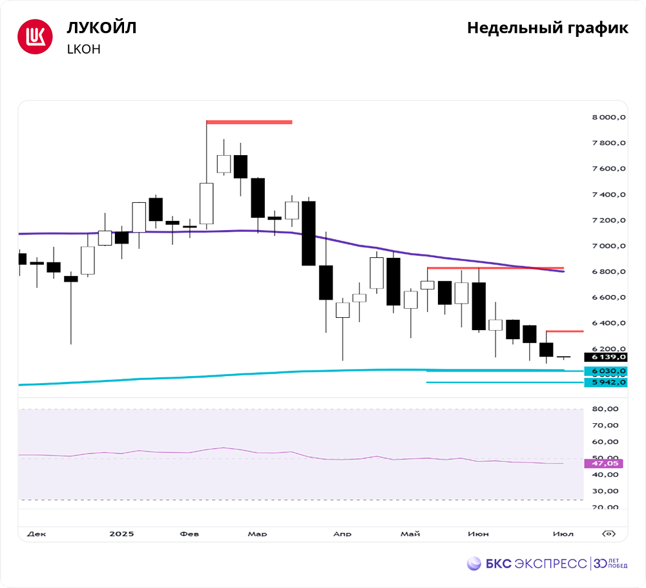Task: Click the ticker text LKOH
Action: click(84, 49)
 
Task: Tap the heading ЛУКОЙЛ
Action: click(102, 28)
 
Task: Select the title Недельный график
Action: click(547, 28)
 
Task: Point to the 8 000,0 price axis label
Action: click(609, 118)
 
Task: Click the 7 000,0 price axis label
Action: click(609, 246)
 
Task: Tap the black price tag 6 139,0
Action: click(605, 357)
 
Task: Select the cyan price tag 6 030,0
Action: click(605, 372)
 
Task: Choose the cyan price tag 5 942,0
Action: click(605, 383)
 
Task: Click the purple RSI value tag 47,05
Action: click(605, 463)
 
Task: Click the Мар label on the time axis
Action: click(257, 534)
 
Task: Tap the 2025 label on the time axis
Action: click(121, 534)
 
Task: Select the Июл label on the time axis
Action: click(563, 534)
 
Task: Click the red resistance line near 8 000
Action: click(249, 121)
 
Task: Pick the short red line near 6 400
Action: click(565, 331)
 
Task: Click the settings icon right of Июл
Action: click(608, 534)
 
